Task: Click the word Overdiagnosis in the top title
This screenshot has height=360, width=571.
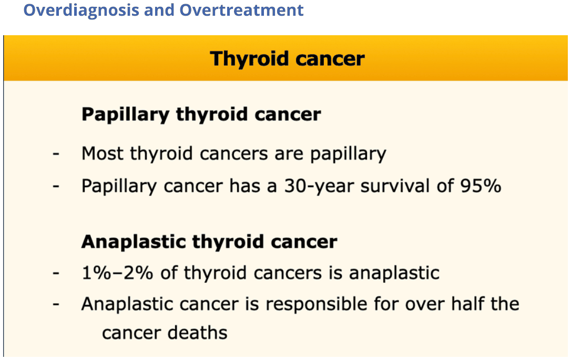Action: (81, 11)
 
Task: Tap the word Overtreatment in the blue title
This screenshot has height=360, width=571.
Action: (241, 9)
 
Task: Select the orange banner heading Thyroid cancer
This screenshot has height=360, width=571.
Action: (287, 59)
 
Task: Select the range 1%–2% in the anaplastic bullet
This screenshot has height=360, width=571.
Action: (117, 273)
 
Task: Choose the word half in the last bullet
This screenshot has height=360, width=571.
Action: (467, 304)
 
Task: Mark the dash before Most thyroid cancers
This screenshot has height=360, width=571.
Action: (56, 153)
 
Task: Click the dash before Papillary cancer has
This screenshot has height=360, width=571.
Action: (56, 187)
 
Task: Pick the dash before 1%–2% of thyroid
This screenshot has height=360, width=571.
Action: (56, 273)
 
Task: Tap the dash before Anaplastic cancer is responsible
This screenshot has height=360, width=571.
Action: (56, 304)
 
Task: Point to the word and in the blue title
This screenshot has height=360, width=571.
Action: (159, 9)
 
